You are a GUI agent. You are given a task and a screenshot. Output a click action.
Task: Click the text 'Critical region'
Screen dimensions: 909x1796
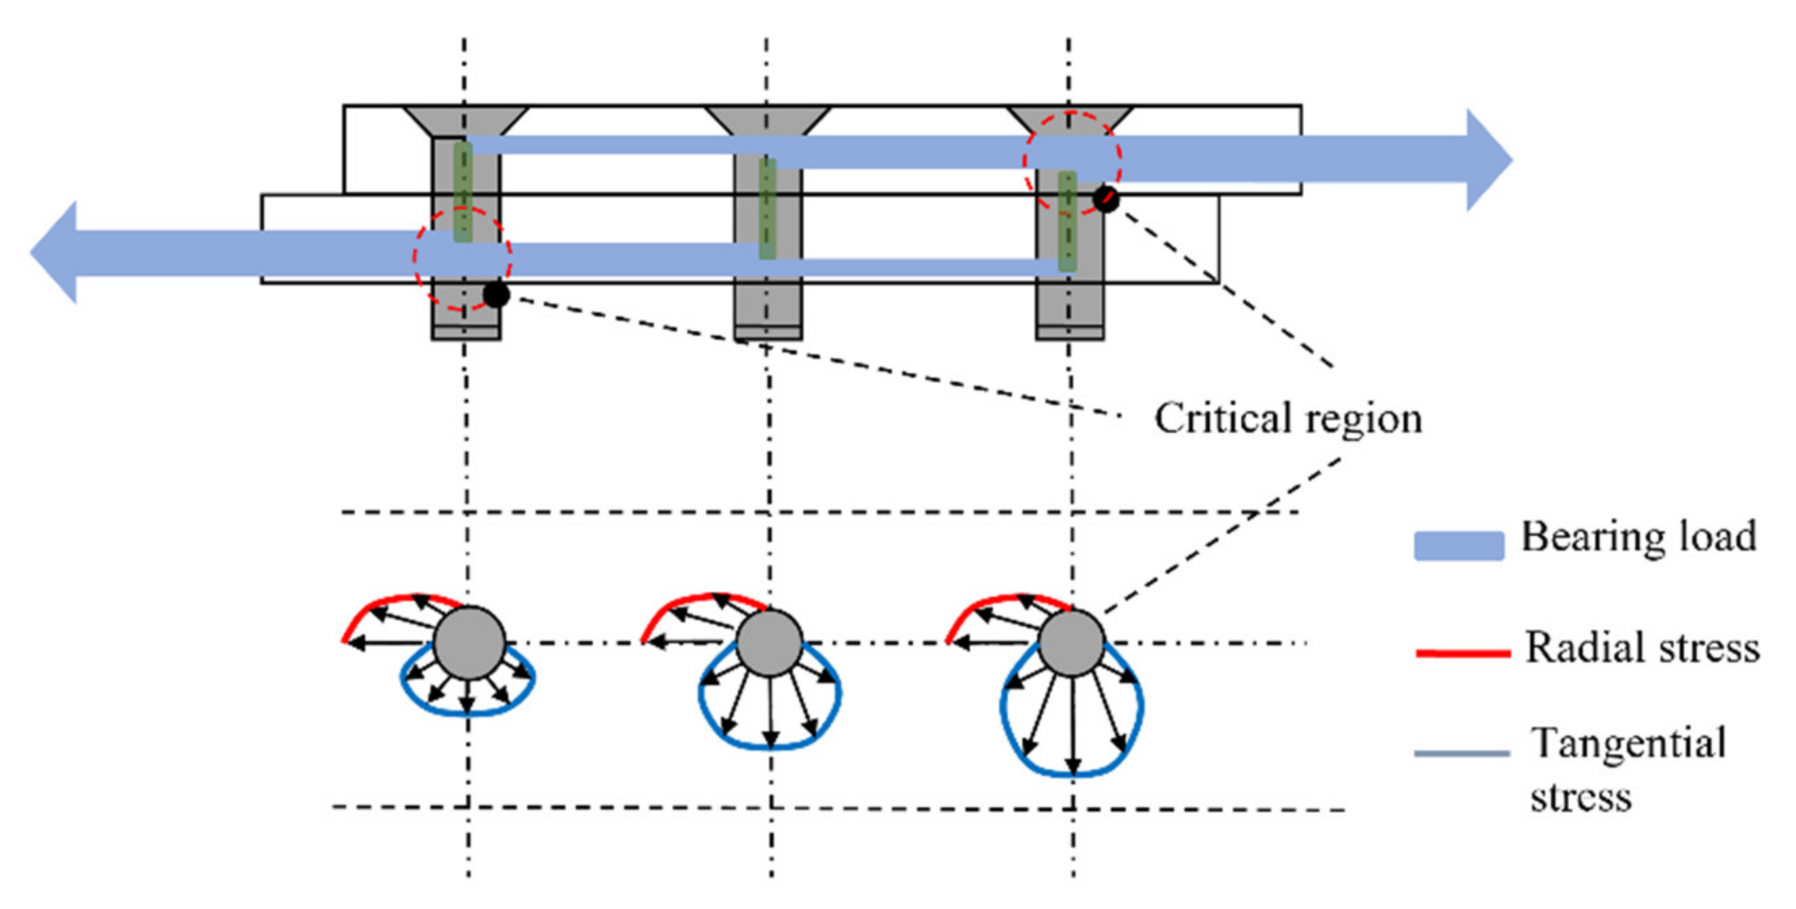(1288, 419)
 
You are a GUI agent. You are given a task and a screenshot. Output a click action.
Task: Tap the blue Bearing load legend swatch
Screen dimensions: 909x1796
(1459, 545)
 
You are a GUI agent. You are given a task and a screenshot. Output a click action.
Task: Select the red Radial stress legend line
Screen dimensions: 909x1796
(1463, 653)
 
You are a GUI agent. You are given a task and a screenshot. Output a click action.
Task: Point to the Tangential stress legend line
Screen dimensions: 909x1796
(1462, 754)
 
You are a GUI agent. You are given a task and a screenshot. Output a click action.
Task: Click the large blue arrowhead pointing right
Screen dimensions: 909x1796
(1488, 160)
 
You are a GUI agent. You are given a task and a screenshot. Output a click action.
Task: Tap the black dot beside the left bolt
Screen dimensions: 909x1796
(496, 294)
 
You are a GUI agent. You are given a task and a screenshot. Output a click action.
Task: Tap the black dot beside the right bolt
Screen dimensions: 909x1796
(1105, 199)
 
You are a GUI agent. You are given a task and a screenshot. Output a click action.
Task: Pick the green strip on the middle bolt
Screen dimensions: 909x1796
(767, 209)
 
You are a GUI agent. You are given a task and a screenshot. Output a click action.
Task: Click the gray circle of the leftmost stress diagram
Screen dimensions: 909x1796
(469, 643)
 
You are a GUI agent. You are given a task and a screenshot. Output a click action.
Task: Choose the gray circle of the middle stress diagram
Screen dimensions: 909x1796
(769, 643)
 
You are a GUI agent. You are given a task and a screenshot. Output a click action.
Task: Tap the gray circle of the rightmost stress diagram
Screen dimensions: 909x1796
(1071, 643)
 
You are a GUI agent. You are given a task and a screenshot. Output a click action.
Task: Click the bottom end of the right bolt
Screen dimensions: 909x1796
(1069, 333)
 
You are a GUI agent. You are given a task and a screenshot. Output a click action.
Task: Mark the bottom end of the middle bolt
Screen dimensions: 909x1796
(768, 333)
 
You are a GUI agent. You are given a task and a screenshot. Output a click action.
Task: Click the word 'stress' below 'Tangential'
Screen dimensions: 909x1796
(1580, 797)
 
